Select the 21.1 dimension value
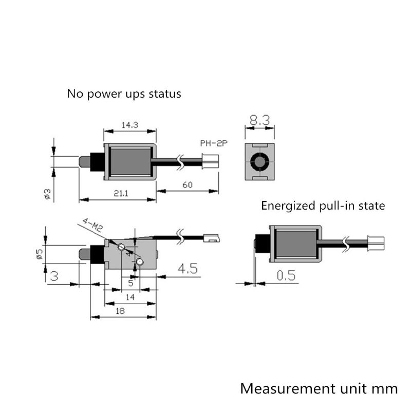[x=116, y=194]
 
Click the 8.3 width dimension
[x=260, y=121]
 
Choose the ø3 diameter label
[x=46, y=194]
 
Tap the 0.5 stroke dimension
[x=286, y=275]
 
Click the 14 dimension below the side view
[x=130, y=297]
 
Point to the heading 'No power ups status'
[x=124, y=94]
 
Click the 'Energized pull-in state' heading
[x=323, y=207]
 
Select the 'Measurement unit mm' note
[x=319, y=388]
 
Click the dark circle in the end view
[x=260, y=162]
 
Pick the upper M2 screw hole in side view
[x=121, y=248]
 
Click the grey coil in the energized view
[x=296, y=244]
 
